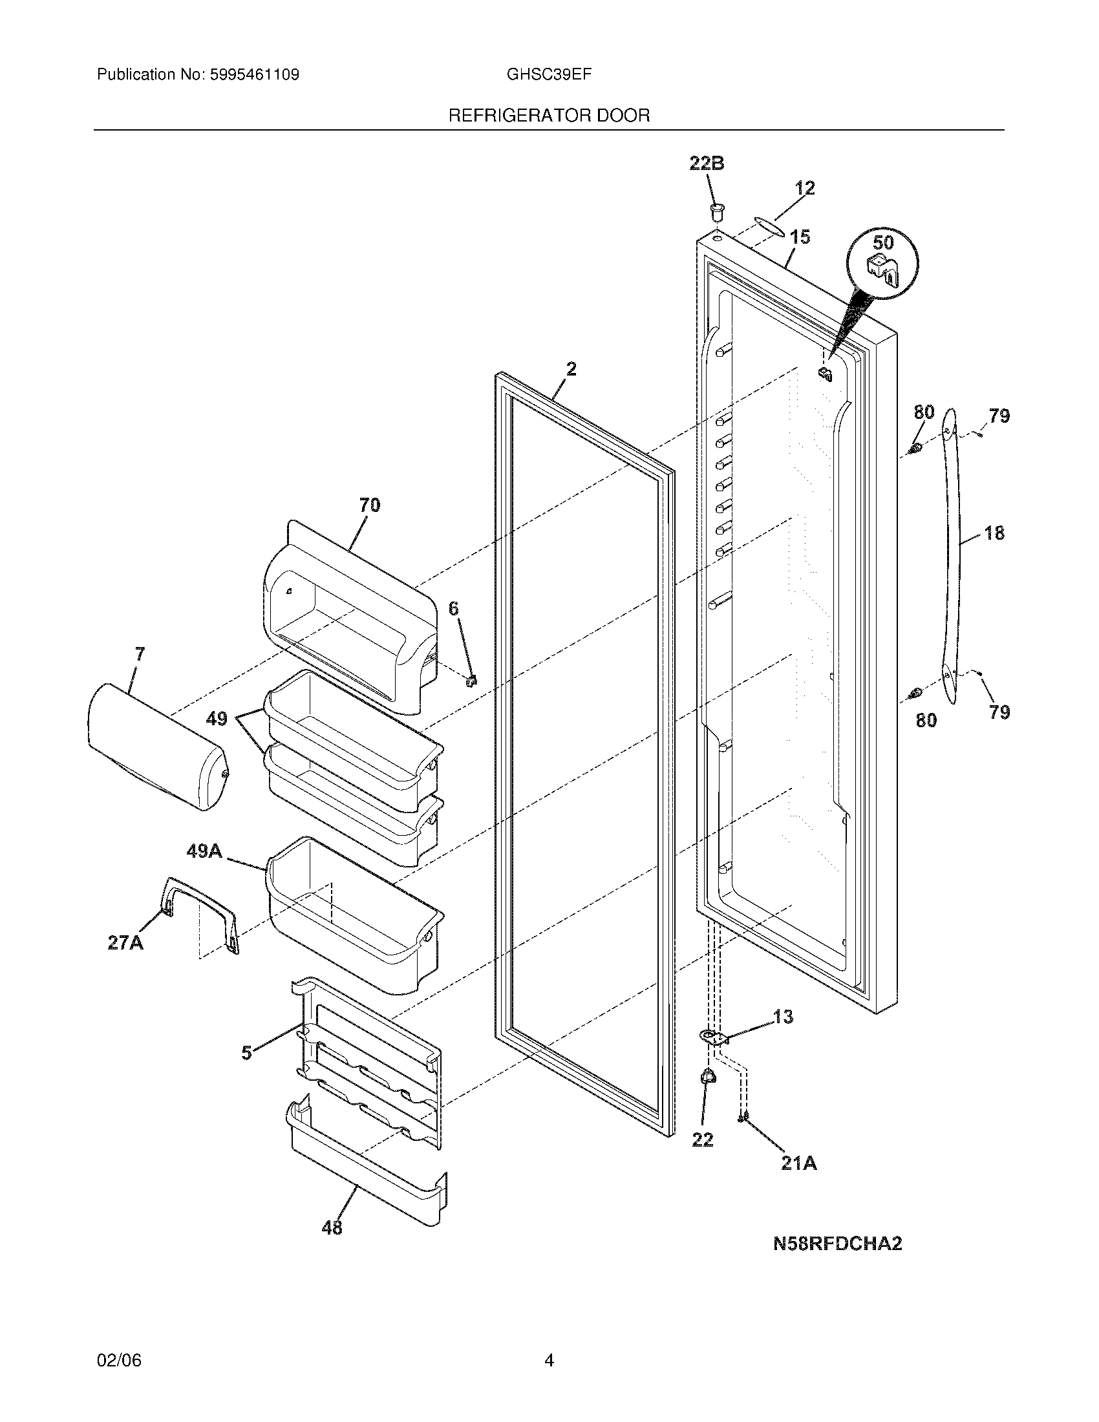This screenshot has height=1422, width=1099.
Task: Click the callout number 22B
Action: tap(707, 164)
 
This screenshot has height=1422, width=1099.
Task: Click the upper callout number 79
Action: tap(999, 416)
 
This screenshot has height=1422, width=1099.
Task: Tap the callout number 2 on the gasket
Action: tap(571, 370)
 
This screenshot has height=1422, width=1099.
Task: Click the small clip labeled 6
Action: tap(472, 681)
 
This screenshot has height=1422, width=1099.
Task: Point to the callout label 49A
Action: tap(204, 851)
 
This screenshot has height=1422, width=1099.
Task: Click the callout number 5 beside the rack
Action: tap(246, 1053)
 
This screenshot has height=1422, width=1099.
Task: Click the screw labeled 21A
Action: tap(743, 1118)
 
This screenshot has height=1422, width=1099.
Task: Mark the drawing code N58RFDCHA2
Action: tap(837, 1244)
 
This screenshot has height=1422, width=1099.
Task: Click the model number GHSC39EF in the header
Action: tap(549, 74)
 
